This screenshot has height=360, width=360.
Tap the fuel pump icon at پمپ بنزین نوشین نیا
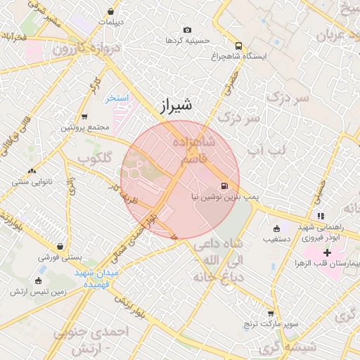point(224,186)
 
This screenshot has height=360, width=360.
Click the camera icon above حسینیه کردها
point(187,30)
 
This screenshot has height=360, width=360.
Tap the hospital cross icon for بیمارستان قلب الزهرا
point(328,252)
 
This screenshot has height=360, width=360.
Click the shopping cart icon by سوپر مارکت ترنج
point(271,314)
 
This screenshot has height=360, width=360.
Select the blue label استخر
point(117,98)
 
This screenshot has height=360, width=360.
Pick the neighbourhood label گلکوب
point(95,157)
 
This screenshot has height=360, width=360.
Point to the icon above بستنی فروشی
point(60,247)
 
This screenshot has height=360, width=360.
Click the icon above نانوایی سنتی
point(32,171)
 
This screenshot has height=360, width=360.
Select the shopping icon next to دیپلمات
point(111,11)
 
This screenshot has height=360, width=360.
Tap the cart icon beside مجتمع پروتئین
point(85,117)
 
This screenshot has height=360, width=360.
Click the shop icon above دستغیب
point(276,228)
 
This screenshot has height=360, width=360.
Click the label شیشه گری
point(288,347)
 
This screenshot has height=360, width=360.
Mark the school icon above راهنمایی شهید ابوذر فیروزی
point(321,216)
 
